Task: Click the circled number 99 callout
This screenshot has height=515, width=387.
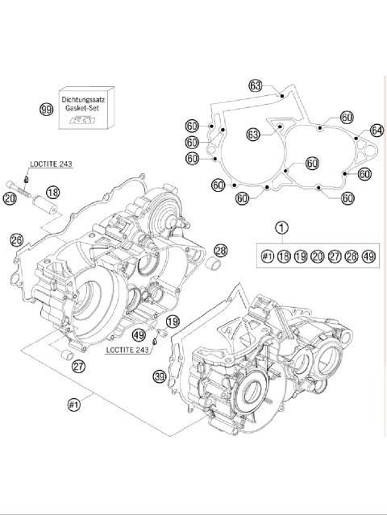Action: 47,108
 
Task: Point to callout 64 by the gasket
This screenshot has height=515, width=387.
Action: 376,130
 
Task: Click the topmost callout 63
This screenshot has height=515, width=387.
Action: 256,85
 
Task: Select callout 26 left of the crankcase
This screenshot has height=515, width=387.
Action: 16,239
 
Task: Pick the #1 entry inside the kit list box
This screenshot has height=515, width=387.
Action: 268,256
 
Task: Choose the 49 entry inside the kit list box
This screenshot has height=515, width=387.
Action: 368,256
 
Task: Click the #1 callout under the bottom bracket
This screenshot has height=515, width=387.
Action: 75,405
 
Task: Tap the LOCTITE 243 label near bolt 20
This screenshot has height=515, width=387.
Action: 51,164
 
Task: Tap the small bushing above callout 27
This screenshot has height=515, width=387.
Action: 69,354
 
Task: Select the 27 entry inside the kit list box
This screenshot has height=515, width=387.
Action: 334,256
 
